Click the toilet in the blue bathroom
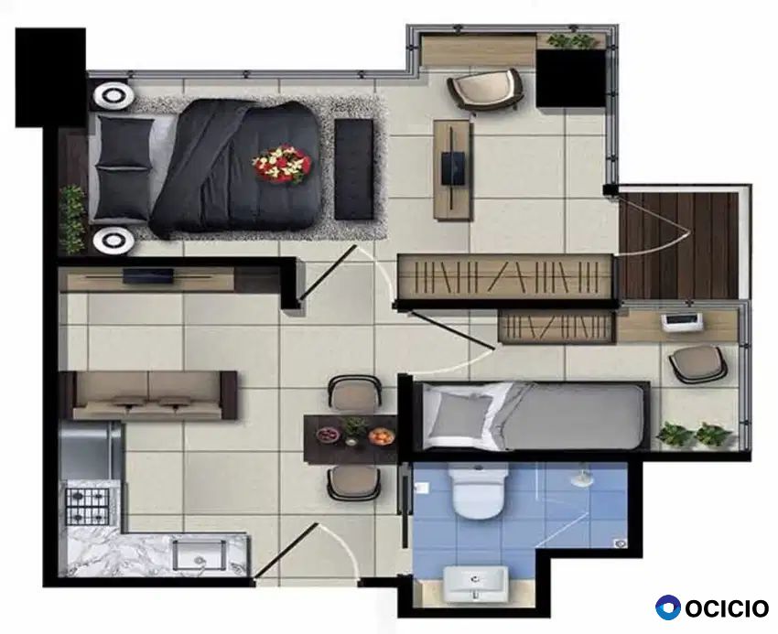click(x=479, y=492)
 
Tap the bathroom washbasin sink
click(x=476, y=584)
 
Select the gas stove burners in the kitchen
click(x=88, y=506)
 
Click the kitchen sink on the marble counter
click(x=200, y=555)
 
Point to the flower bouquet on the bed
click(x=282, y=164)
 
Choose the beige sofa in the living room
click(x=148, y=395)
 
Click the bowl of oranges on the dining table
click(x=382, y=435)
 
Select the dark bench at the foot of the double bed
click(x=353, y=169)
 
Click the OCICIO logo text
click(x=727, y=608)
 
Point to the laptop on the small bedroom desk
click(x=683, y=322)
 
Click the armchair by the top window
click(x=485, y=90)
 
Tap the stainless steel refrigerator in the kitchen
click(x=91, y=450)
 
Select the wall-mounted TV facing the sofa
click(x=148, y=275)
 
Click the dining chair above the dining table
click(x=355, y=392)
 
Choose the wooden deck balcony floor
click(x=679, y=245)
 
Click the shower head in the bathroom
click(x=580, y=478)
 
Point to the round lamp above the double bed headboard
click(x=114, y=95)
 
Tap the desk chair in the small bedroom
click(x=698, y=363)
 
